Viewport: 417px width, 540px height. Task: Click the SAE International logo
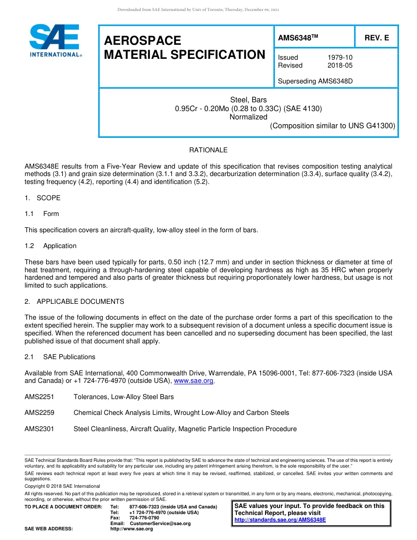pos(55,40)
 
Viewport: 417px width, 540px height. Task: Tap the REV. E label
pos(377,38)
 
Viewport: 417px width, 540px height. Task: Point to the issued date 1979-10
pos(340,58)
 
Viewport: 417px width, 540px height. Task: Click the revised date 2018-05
pos(340,65)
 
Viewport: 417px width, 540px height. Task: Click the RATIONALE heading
pos(208,150)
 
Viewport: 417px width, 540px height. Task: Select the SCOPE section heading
pos(48,198)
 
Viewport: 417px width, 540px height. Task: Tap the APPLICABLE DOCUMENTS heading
pos(80,302)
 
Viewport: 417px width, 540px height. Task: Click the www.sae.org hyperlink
pos(194,381)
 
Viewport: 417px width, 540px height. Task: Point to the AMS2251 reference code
pos(40,397)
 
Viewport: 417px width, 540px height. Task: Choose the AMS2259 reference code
pos(40,413)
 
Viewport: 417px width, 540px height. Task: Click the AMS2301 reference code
pos(40,429)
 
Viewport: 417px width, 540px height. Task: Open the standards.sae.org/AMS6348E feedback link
pos(280,520)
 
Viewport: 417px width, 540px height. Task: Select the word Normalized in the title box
pos(248,117)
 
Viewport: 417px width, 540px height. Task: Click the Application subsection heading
pos(60,246)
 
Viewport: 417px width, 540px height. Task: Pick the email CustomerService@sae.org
pos(160,524)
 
